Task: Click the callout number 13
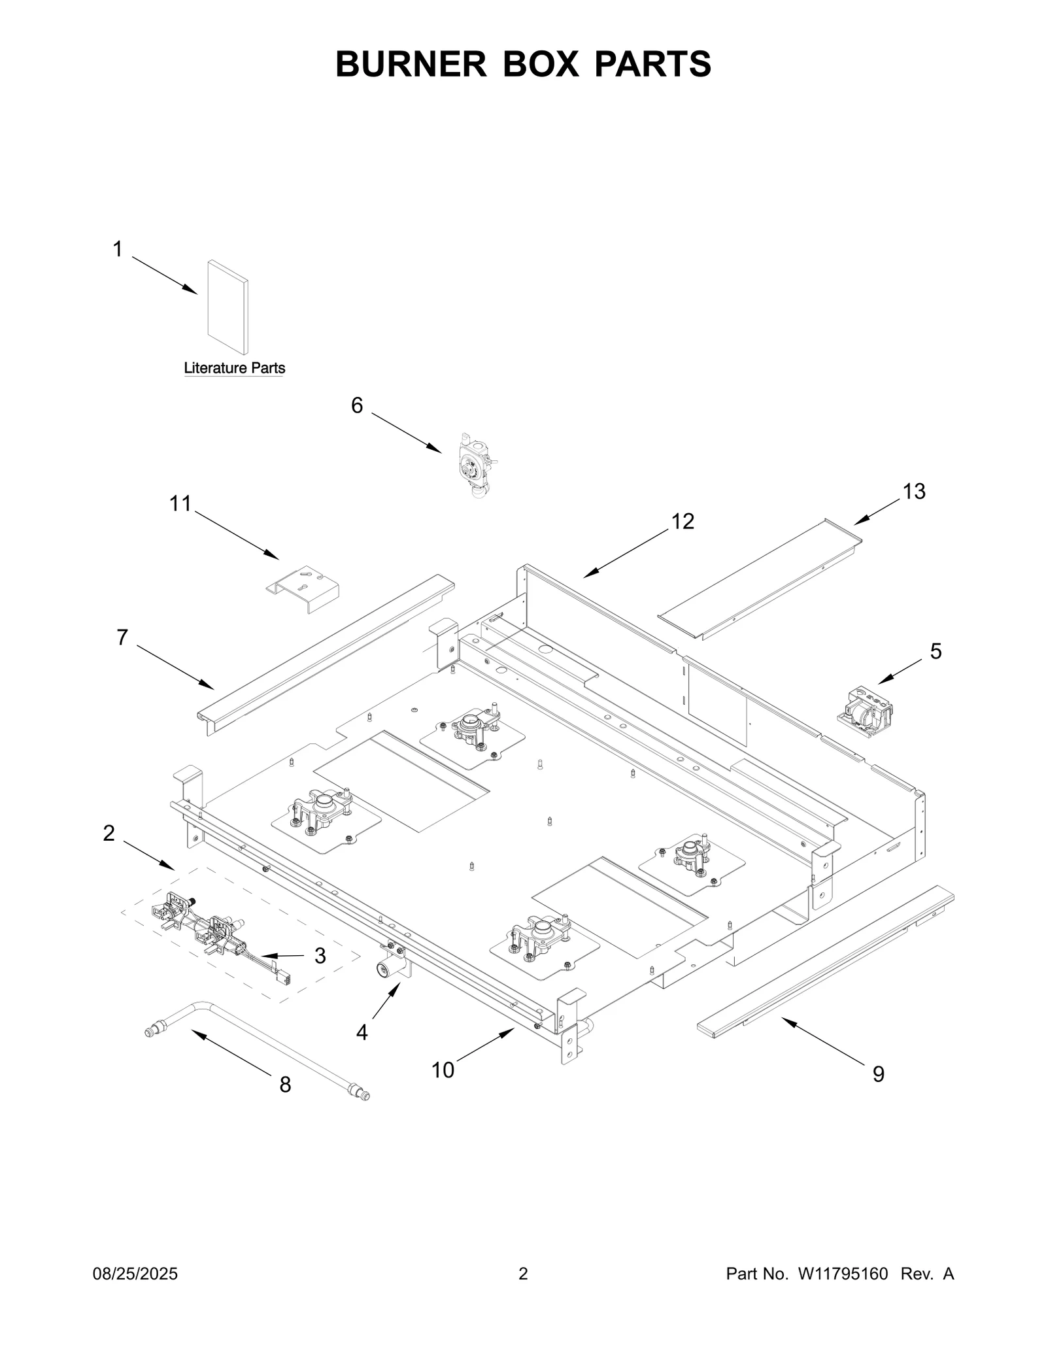click(913, 492)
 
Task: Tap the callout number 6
click(357, 406)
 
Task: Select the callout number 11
click(180, 503)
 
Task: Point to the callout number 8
click(285, 1084)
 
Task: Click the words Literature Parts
click(234, 368)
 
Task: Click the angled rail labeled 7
click(327, 654)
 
